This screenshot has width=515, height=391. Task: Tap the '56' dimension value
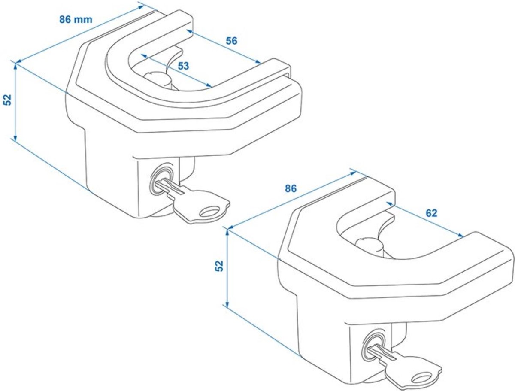[x=231, y=41]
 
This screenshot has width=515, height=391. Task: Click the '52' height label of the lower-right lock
[x=220, y=266]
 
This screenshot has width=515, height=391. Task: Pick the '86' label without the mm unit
[x=291, y=188]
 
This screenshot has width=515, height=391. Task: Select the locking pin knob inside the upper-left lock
[x=155, y=79]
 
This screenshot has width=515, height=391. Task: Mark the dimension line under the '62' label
[x=425, y=218]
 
